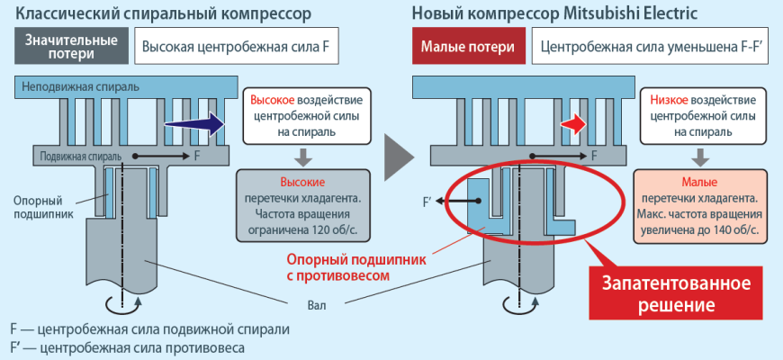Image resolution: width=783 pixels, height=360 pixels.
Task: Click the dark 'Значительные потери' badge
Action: (x=71, y=47)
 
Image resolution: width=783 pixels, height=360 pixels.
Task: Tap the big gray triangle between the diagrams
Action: (x=392, y=159)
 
